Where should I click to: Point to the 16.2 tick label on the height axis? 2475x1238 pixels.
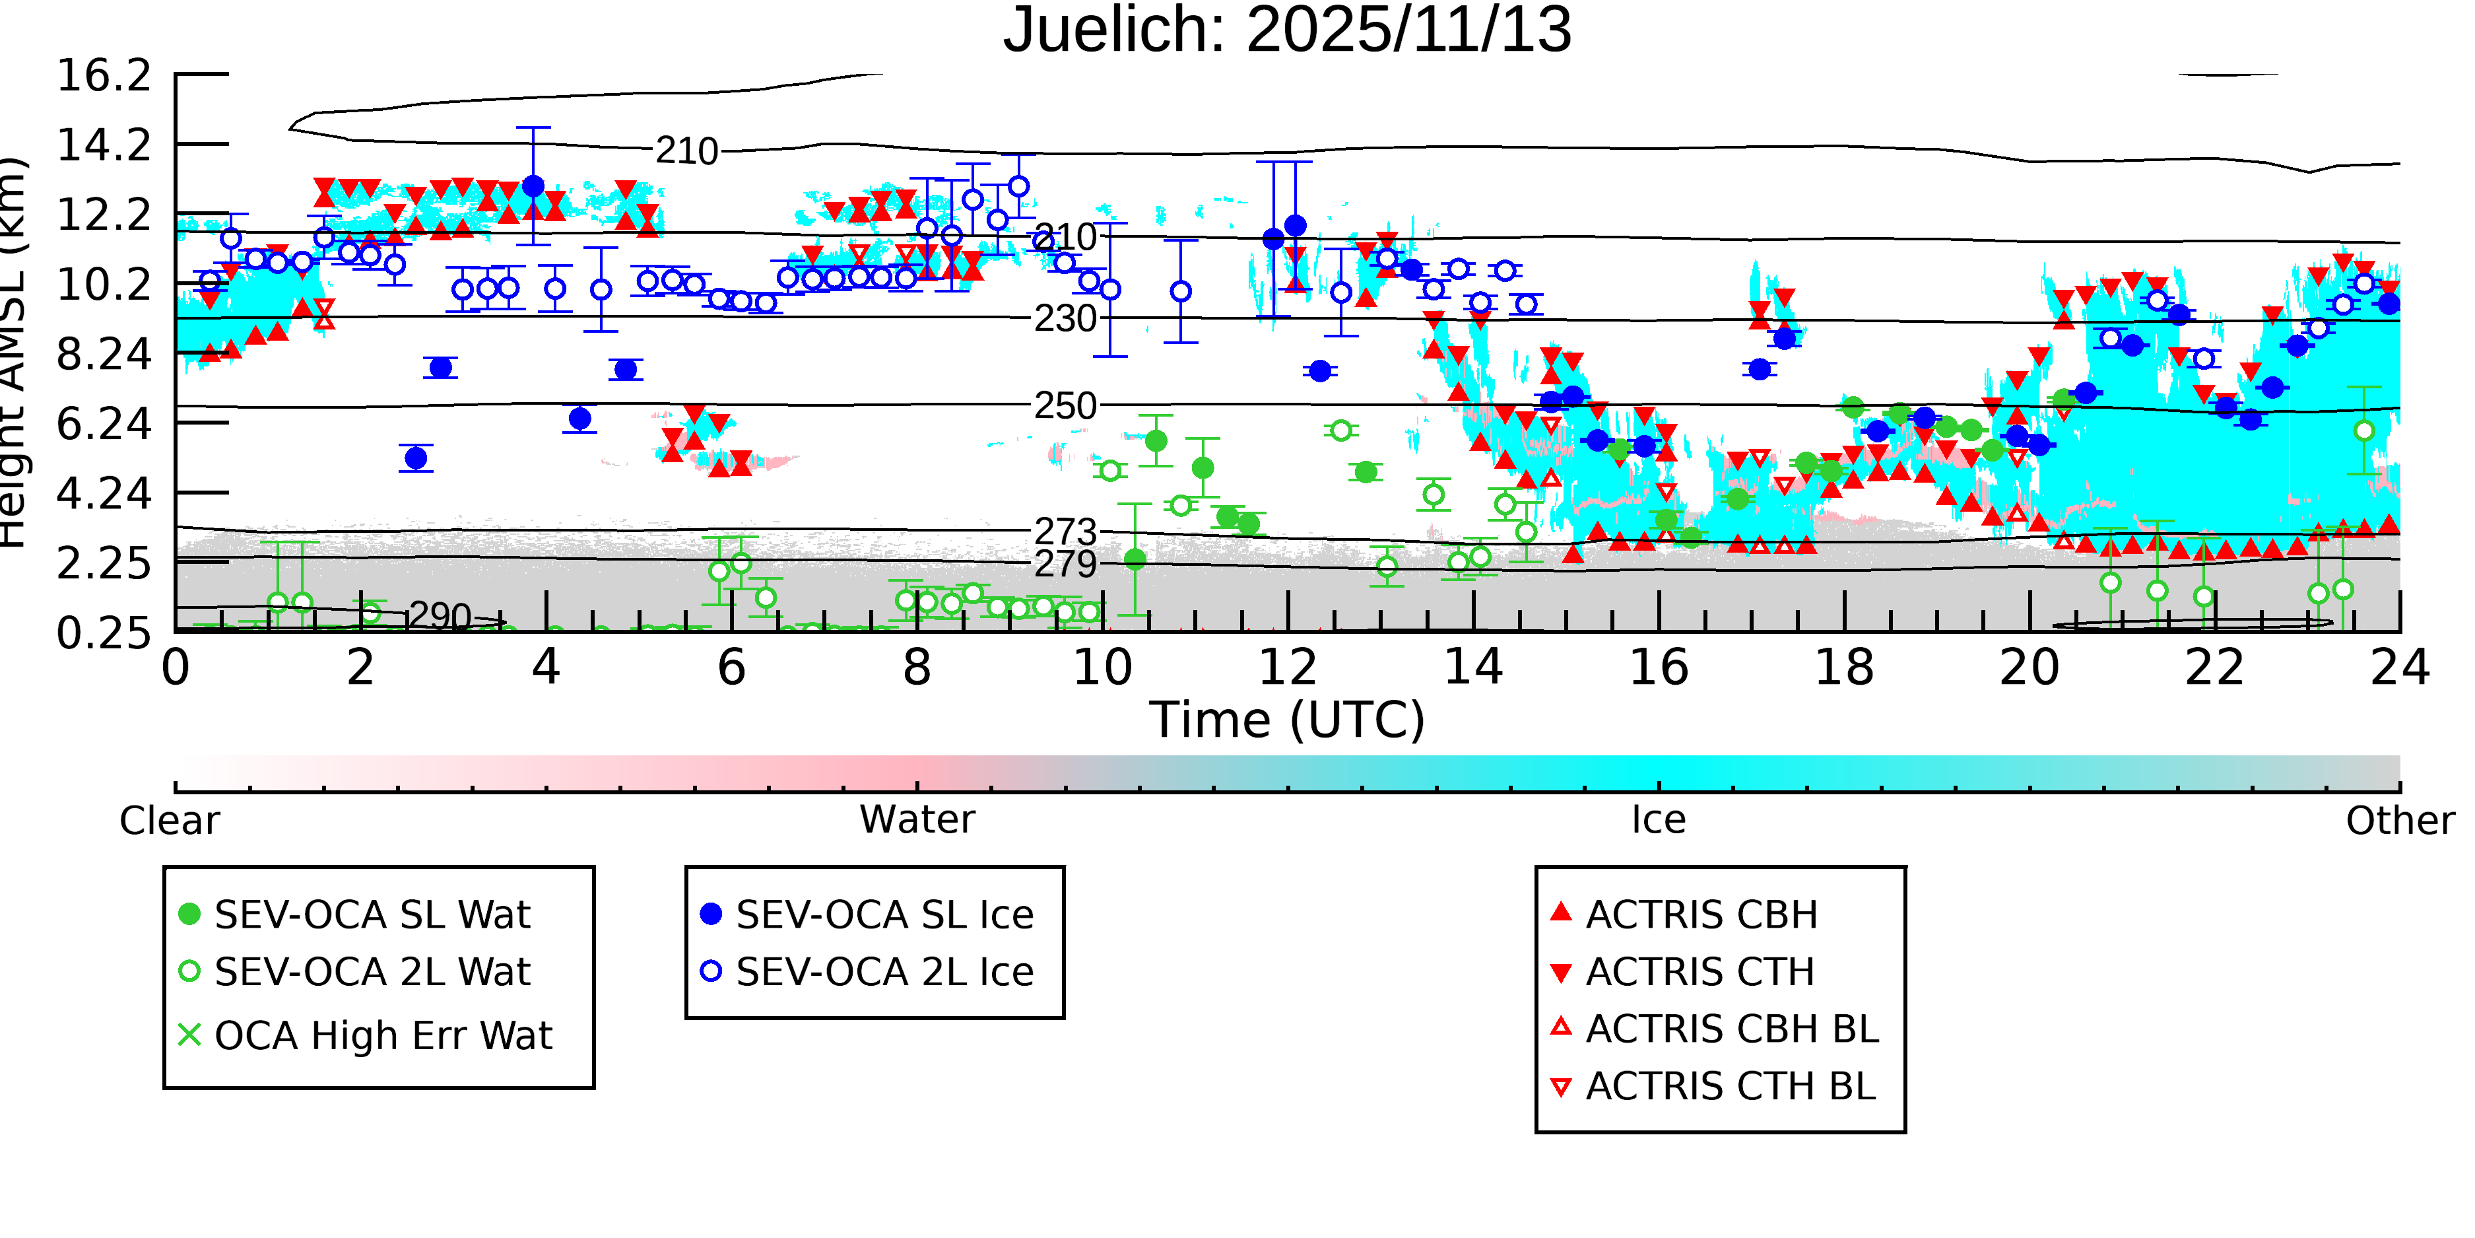click(x=104, y=75)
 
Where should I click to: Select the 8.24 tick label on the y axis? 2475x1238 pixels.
click(x=104, y=354)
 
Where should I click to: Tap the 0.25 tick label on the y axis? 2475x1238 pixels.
click(x=104, y=633)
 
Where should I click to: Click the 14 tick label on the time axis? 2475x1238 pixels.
click(x=1473, y=667)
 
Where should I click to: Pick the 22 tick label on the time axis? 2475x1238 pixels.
click(x=2214, y=667)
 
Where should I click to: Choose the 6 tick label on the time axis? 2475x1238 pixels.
click(x=731, y=667)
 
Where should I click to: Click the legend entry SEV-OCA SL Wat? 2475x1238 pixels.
click(x=372, y=914)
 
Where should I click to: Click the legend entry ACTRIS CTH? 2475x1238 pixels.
click(x=1699, y=972)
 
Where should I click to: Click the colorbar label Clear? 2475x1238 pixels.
click(x=169, y=820)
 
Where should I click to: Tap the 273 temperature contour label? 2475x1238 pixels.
click(x=1065, y=531)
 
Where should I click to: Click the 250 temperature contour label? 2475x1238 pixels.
click(x=1065, y=405)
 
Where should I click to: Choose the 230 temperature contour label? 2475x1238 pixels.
click(x=1065, y=318)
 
